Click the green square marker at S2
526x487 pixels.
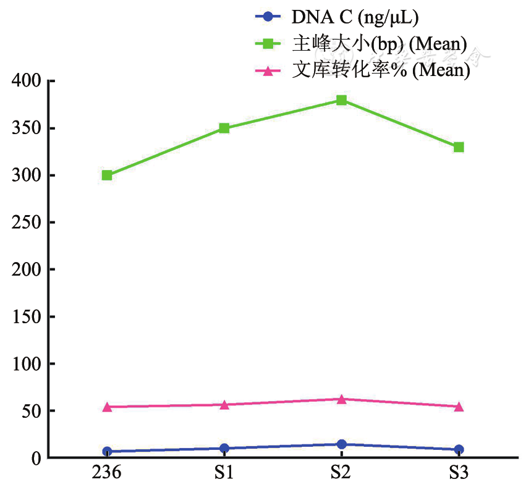[341, 100]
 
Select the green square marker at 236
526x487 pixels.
[107, 176]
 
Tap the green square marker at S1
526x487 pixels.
[224, 129]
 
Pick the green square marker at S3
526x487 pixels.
[458, 147]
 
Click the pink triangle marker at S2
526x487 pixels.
[341, 399]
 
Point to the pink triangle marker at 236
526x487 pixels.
[107, 407]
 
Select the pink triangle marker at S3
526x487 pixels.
[458, 407]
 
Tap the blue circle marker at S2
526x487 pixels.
[341, 444]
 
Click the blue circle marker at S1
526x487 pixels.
[224, 448]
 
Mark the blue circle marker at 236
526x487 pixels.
[107, 452]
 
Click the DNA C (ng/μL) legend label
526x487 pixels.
[355, 17]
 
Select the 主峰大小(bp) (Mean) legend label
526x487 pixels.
[378, 44]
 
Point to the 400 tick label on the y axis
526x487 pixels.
[26, 82]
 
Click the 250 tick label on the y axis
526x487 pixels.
[26, 223]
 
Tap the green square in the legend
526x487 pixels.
[268, 44]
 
